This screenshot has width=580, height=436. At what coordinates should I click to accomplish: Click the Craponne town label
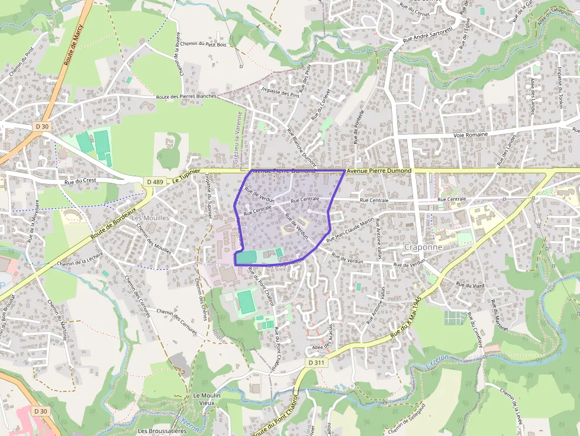[423, 246]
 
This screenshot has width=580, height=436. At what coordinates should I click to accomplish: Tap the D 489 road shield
[154, 182]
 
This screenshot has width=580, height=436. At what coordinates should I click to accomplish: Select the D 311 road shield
[317, 362]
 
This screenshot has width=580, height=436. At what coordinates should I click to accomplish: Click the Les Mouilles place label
[150, 218]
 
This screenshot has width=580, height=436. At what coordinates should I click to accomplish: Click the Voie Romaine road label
[471, 135]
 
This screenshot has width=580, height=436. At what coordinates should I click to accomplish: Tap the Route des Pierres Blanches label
[186, 96]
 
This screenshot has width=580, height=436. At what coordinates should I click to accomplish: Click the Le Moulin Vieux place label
[207, 399]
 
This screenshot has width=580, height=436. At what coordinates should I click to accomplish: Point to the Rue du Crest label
[80, 181]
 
